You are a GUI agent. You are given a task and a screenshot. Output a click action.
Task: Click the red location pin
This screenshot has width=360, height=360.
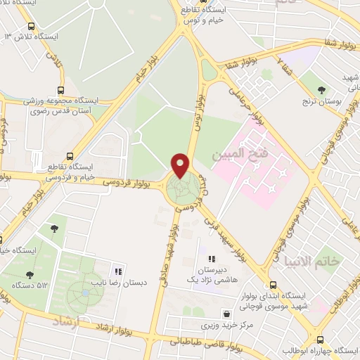coord(181,166)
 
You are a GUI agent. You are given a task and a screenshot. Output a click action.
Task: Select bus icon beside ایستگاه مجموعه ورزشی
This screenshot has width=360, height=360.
coord(61,90)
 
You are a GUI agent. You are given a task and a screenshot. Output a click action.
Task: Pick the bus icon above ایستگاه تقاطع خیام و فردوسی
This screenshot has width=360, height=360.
coord(69,156)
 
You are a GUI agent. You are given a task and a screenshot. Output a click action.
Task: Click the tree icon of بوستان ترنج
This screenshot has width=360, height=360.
coord(321,89)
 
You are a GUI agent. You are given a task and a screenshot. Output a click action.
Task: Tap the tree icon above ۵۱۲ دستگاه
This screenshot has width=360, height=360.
coord(29,275)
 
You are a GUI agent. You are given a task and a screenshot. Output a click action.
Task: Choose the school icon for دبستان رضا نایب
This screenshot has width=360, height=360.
coord(118,271)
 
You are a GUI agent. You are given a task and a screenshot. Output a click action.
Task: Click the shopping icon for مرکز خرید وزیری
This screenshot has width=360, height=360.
coord(227,314)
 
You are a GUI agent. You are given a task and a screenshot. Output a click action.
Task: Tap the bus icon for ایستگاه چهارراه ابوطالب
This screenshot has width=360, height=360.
coord(321,339)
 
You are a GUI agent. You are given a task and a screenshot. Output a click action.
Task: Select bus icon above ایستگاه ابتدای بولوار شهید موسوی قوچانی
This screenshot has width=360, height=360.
coord(264,283)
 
